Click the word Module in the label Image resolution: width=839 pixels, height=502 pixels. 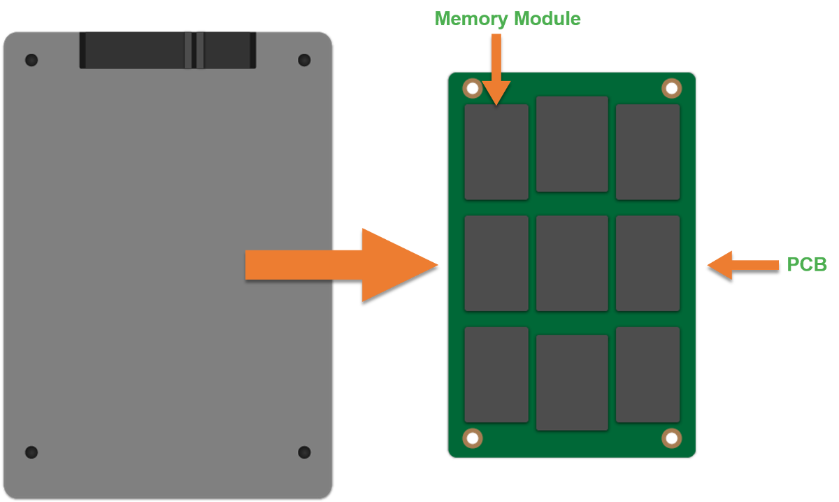[x=547, y=19]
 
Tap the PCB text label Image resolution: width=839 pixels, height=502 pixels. [x=807, y=264]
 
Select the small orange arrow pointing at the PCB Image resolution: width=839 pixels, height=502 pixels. [x=741, y=265]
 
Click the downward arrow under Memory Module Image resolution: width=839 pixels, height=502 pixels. [x=496, y=70]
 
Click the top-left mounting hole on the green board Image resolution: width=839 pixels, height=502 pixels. [x=473, y=89]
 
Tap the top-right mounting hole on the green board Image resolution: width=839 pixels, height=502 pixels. [x=671, y=88]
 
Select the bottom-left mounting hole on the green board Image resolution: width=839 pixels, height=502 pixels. [x=473, y=438]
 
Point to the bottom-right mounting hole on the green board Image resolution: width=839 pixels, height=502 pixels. [x=671, y=438]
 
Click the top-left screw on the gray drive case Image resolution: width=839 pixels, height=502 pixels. [x=31, y=60]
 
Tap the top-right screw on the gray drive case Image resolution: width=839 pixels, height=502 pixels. [x=304, y=60]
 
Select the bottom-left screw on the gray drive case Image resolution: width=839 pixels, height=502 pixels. [x=31, y=452]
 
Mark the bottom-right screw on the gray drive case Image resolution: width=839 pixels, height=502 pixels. [x=304, y=452]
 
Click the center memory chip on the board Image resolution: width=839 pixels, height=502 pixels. [x=572, y=263]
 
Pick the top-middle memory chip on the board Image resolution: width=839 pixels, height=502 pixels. [x=572, y=144]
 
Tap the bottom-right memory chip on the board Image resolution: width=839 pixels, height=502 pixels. [x=647, y=375]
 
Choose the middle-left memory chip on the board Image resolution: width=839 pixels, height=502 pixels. [x=496, y=263]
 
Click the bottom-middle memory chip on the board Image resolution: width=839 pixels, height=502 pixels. [x=572, y=382]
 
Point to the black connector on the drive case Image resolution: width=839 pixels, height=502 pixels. [x=168, y=50]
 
